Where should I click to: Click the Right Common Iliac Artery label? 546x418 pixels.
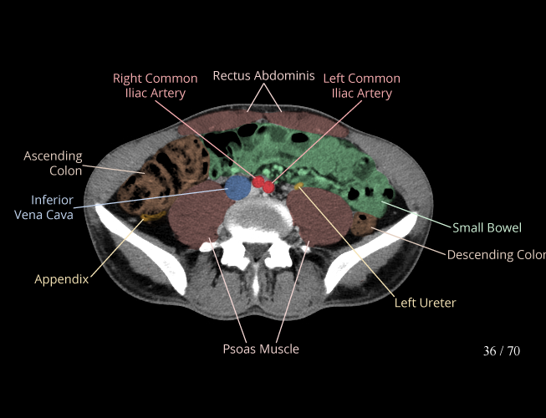156,86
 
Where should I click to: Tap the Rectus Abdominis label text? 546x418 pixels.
263,76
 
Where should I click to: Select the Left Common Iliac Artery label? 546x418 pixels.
361,86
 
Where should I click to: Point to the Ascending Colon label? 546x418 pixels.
53,163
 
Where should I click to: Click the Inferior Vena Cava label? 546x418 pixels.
43,207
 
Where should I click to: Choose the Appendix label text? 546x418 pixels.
61,279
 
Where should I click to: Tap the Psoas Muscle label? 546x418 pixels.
260,349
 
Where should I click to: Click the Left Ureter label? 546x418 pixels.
425,303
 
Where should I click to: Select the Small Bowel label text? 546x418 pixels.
487,227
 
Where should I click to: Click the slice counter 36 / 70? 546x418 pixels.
501,351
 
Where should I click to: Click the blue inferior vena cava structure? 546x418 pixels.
237,187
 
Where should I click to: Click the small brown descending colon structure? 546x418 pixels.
365,223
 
